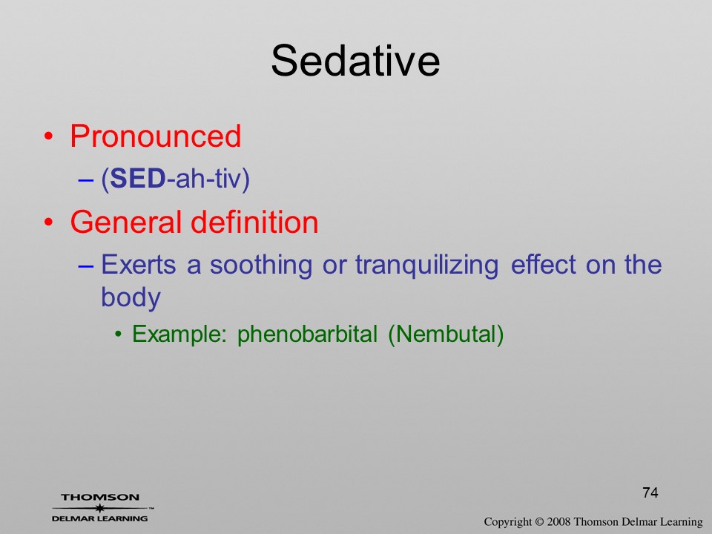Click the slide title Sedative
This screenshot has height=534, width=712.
(355, 61)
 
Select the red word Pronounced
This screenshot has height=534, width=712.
(155, 136)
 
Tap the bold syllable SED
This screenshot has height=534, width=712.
(138, 178)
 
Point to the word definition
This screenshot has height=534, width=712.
(254, 222)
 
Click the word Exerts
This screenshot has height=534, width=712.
(138, 264)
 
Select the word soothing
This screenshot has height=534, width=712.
(260, 266)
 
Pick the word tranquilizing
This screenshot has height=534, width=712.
(427, 266)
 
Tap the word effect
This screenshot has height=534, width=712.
(543, 264)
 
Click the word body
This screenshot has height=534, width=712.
(131, 298)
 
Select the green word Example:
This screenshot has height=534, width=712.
(179, 334)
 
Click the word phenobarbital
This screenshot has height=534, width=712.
(307, 334)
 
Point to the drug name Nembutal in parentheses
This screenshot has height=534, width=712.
(446, 334)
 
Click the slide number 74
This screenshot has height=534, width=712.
(650, 492)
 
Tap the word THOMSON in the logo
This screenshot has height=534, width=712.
(100, 497)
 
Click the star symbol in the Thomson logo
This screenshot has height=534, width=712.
(99, 508)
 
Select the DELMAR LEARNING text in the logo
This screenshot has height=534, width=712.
(99, 518)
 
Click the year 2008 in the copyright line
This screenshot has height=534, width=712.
(558, 521)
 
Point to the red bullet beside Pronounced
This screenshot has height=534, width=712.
(49, 136)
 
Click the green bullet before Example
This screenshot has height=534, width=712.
(119, 335)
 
